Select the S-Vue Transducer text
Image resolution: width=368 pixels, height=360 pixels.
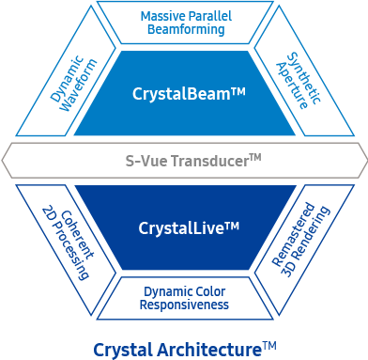coord(183,161)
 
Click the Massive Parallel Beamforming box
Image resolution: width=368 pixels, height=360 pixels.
coord(183,22)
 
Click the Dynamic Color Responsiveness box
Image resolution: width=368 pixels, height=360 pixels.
coord(184,298)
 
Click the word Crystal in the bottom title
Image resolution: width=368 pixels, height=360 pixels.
coord(121,350)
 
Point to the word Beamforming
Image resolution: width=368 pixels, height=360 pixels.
coord(183,29)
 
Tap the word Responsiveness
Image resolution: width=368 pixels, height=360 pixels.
coord(184,305)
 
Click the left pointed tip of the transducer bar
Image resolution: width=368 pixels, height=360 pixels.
coord(5,161)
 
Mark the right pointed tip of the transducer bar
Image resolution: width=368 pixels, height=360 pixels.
coord(363,161)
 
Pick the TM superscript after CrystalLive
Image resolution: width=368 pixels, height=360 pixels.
coord(233,225)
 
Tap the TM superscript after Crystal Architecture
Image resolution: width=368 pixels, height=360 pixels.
coord(269,345)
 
